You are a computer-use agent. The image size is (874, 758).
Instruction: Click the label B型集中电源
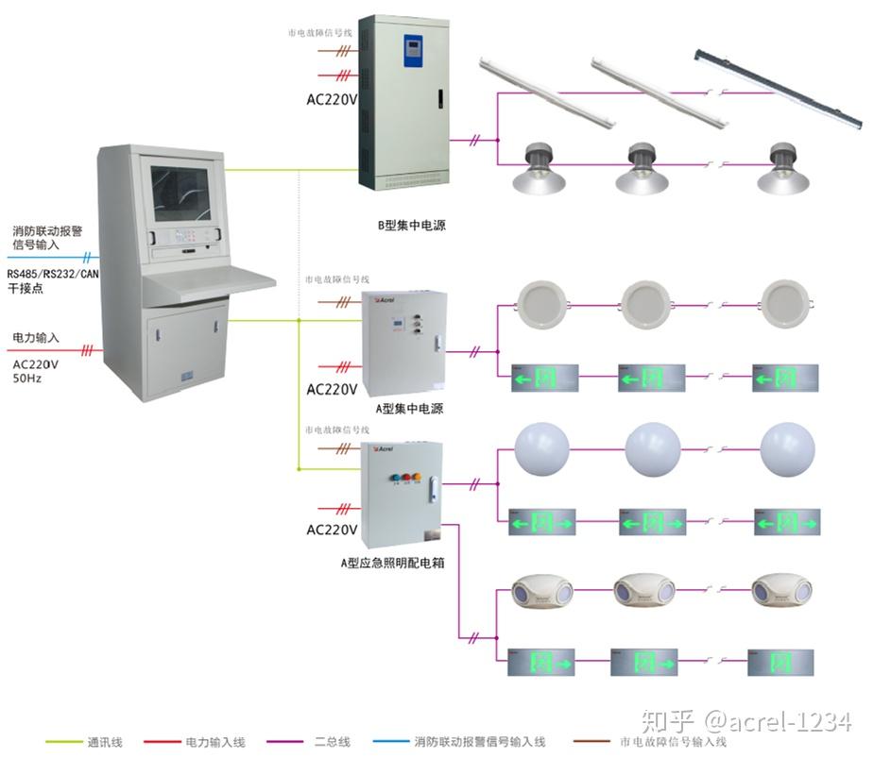coord(411,226)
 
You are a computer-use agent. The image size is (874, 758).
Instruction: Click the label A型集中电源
coord(409,409)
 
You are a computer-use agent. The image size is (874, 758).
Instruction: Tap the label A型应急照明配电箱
coord(392,563)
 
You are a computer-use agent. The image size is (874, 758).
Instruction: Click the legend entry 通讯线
coord(105,742)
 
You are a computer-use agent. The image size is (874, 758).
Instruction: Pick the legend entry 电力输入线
coord(212,742)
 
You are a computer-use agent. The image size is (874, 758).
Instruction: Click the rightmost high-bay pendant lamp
coord(784,168)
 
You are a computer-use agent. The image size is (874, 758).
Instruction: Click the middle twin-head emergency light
coord(644,592)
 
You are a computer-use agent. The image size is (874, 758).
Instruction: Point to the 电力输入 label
coord(36,337)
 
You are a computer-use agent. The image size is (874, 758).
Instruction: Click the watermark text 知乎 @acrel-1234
coord(746,722)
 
